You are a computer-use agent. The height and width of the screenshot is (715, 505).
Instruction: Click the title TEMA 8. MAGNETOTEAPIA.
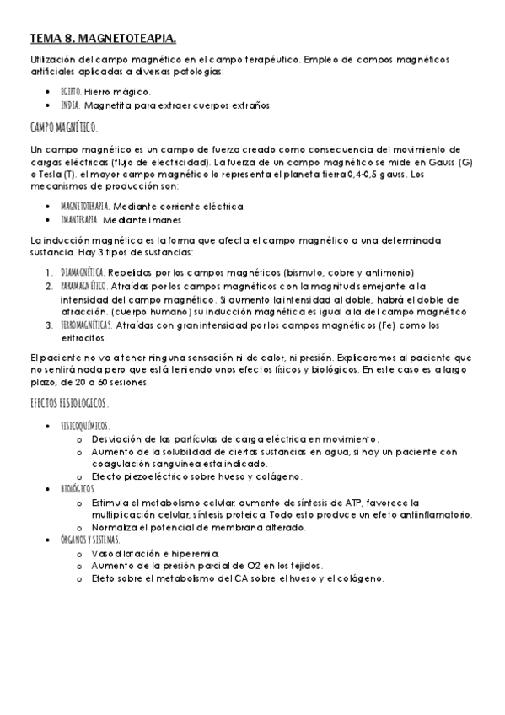tap(103, 38)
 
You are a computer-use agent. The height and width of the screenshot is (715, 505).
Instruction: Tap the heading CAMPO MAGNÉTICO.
tap(63, 127)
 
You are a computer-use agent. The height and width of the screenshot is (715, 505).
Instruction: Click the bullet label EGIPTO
tap(71, 91)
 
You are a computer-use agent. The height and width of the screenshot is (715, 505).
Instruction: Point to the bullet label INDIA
tap(70, 105)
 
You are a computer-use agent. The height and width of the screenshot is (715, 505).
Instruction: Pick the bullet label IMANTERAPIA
tap(83, 220)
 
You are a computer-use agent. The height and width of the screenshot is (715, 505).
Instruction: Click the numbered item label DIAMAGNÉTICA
tap(83, 272)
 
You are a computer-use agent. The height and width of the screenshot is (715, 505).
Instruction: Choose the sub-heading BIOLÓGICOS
tap(78, 488)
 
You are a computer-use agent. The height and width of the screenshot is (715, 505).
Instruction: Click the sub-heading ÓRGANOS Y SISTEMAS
tap(89, 539)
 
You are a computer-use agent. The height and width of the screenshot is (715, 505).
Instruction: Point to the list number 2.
tap(50, 287)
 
